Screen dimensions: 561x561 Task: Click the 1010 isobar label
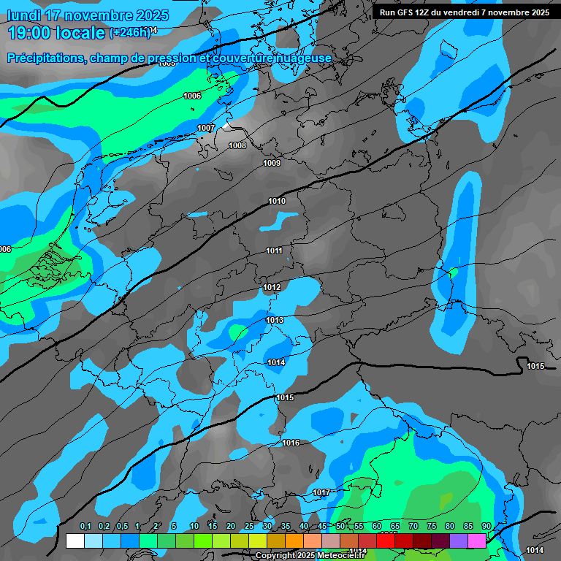(x=277, y=201)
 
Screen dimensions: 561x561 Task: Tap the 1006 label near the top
(x=192, y=96)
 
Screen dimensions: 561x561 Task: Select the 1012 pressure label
(x=272, y=288)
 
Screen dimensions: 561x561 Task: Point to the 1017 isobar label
(x=321, y=493)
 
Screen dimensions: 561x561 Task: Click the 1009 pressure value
(x=272, y=163)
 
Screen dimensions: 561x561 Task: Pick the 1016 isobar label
(x=291, y=443)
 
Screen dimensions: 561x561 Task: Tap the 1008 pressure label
(x=237, y=145)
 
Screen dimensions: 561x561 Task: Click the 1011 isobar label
(x=274, y=251)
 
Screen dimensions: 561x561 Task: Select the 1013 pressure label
(x=275, y=320)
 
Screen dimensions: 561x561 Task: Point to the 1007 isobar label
(x=206, y=128)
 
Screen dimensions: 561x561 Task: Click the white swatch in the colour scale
(x=75, y=541)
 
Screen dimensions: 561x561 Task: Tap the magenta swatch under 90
(x=477, y=541)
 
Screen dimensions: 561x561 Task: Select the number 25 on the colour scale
(x=249, y=527)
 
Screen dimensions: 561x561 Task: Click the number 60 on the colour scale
(x=377, y=527)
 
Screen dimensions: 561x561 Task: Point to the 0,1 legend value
(x=85, y=527)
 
